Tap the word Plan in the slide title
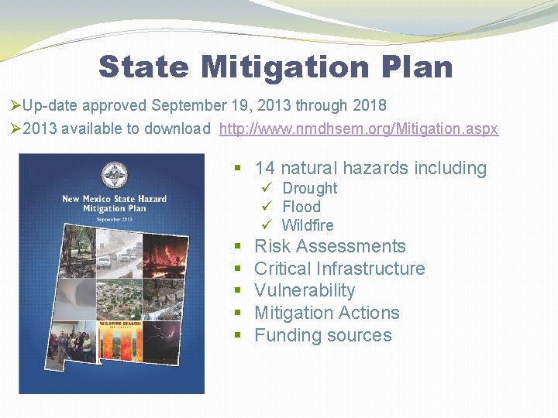(418, 67)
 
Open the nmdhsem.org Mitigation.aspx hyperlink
(359, 128)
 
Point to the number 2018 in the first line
(369, 104)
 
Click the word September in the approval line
(188, 104)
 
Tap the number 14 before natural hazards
(265, 168)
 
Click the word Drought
(309, 188)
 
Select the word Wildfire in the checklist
(308, 225)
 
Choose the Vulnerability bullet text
(305, 290)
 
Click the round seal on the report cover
(114, 174)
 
